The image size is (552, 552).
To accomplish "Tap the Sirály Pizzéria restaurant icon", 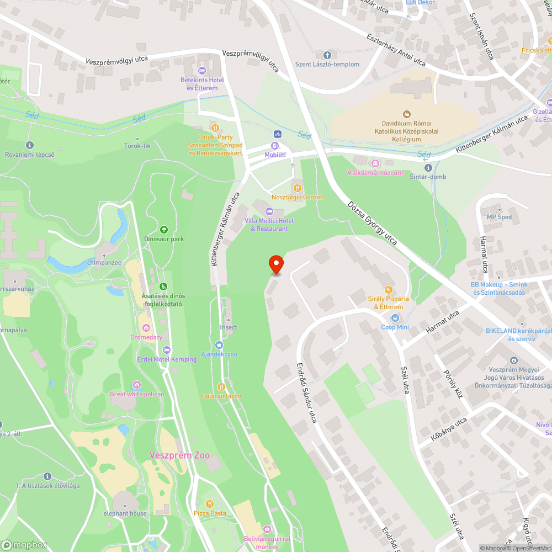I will [x=388, y=289].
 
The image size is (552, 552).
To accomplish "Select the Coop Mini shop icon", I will [x=395, y=318].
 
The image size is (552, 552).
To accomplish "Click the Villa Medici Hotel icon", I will [x=269, y=211].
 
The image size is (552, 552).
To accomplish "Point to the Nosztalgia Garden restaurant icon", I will [x=298, y=188].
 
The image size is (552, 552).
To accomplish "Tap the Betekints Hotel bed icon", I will [x=202, y=71].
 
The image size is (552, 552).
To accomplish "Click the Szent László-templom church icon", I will [x=327, y=55].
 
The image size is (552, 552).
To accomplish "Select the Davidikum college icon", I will [x=407, y=114].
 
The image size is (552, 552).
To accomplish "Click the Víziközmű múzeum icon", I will [x=375, y=163].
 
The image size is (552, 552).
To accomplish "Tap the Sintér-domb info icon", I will [x=427, y=168].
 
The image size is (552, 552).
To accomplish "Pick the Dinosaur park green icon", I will [x=163, y=230].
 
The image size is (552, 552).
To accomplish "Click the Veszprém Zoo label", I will [x=179, y=455].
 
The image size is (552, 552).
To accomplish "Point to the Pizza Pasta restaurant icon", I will [x=210, y=504].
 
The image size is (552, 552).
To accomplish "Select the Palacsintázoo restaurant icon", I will [x=221, y=387].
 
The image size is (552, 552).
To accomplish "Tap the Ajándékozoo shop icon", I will [x=219, y=344].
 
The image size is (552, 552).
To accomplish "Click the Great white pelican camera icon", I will [x=136, y=385].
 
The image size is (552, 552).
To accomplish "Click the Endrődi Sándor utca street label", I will [x=307, y=392].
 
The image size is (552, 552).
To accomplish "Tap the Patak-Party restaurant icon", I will [x=215, y=128].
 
